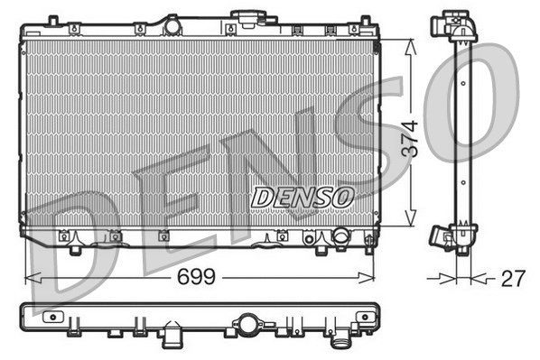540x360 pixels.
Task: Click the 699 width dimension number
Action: click(197, 277)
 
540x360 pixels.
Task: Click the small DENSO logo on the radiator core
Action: click(303, 196)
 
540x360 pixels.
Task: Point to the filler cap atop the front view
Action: click(245, 17)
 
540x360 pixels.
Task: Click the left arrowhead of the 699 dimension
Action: click(28, 277)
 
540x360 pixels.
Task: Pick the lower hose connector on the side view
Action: click(442, 237)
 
